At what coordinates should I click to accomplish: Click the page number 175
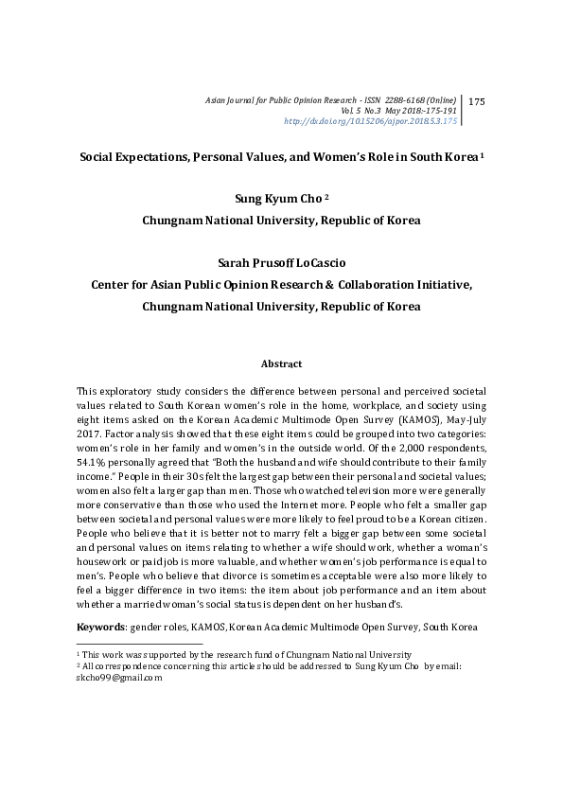(x=477, y=101)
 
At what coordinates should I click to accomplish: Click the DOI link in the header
(x=371, y=121)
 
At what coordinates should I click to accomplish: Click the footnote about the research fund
(x=246, y=655)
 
